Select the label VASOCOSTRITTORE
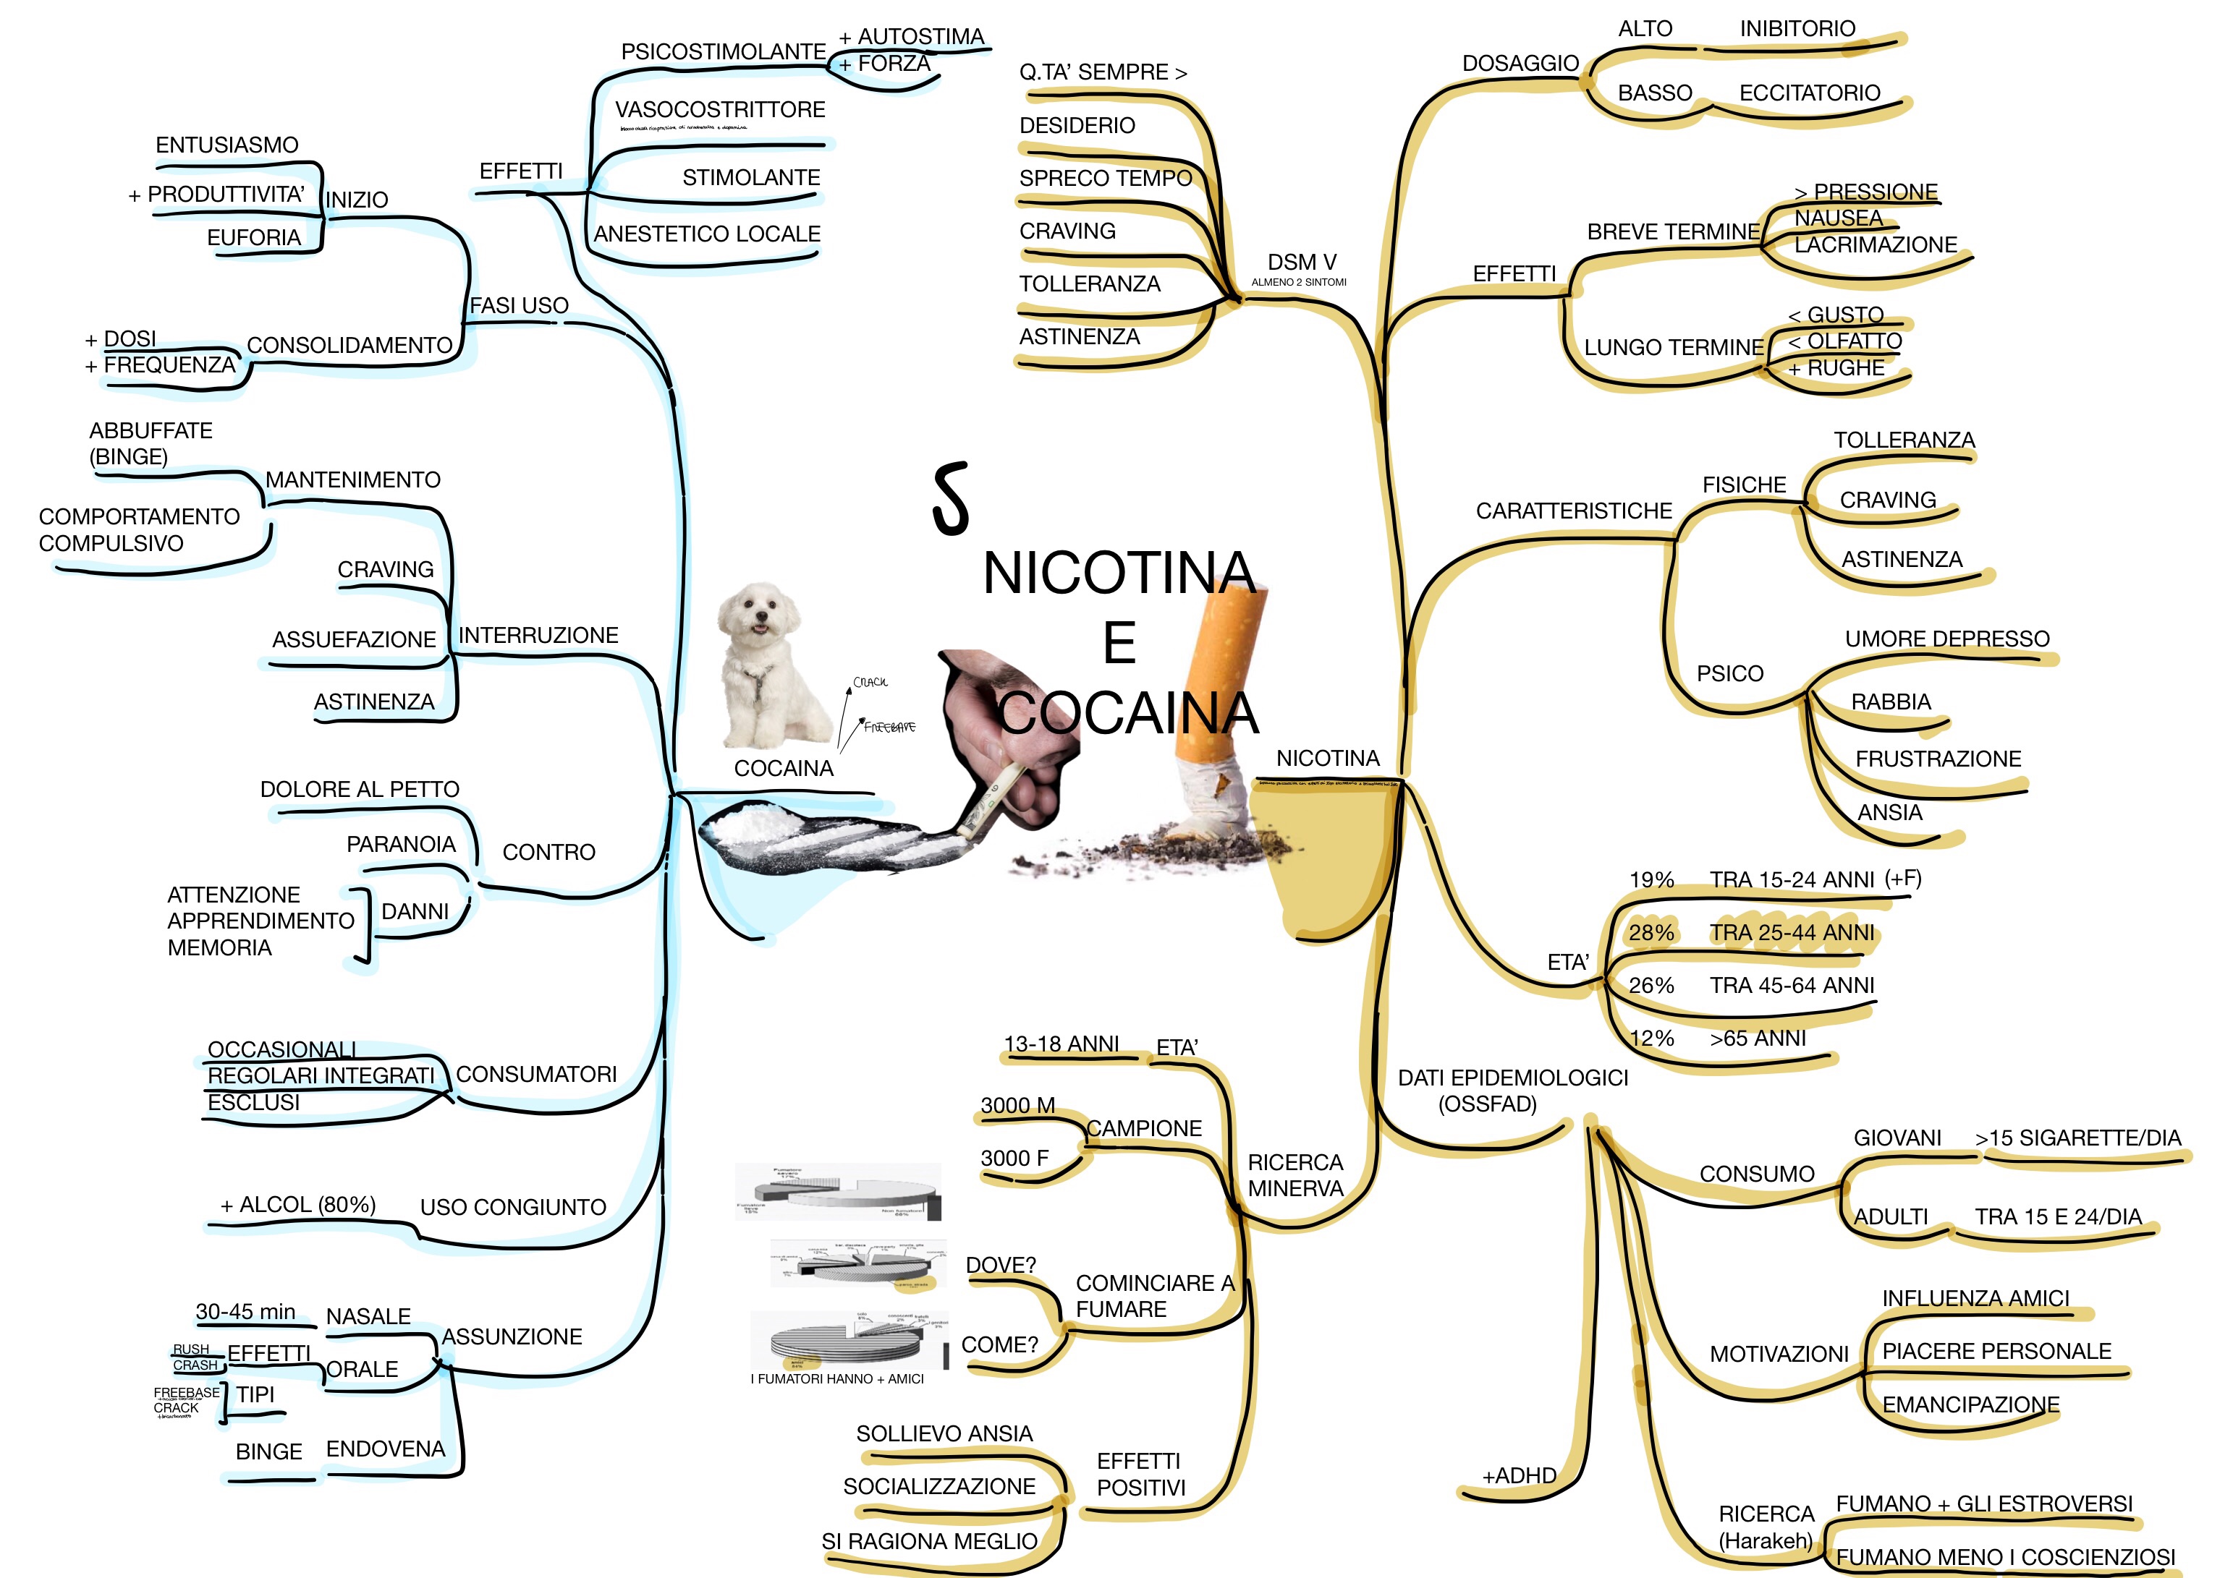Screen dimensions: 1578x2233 point(720,110)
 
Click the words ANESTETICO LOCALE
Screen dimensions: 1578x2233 point(707,234)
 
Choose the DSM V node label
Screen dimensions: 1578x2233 point(1301,263)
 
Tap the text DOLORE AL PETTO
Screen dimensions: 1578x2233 point(359,790)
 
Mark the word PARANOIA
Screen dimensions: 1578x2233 point(401,844)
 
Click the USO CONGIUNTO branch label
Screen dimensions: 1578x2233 point(512,1208)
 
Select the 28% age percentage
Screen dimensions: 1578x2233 point(1651,934)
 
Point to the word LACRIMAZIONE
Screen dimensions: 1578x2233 point(1875,245)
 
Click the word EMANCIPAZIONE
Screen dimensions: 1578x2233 point(1970,1405)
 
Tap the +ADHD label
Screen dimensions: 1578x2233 point(1518,1476)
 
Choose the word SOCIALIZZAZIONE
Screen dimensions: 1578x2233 point(938,1487)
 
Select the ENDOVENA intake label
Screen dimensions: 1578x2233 point(385,1450)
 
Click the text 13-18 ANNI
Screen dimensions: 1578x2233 point(1061,1044)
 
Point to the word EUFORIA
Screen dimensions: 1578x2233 point(254,238)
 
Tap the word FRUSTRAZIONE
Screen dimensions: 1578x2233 point(1937,759)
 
